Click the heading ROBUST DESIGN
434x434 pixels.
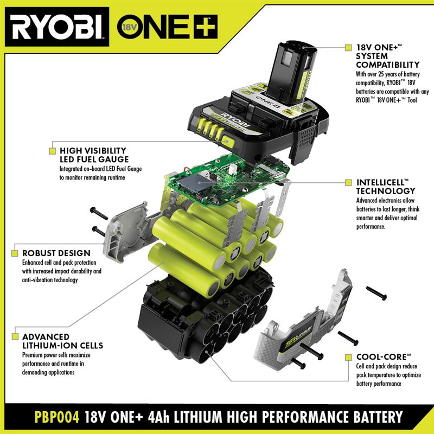coord(56,253)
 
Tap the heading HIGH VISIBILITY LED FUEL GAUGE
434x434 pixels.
coord(93,155)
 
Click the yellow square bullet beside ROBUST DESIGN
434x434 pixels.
coord(15,253)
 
